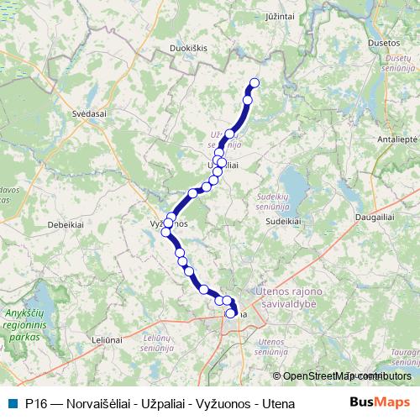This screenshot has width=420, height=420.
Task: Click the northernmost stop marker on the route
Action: [255, 82]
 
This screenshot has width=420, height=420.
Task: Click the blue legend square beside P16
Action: [13, 403]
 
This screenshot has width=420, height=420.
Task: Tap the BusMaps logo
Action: [378, 402]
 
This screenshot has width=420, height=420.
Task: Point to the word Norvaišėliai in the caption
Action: [94, 403]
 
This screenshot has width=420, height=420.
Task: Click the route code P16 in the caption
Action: [36, 403]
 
